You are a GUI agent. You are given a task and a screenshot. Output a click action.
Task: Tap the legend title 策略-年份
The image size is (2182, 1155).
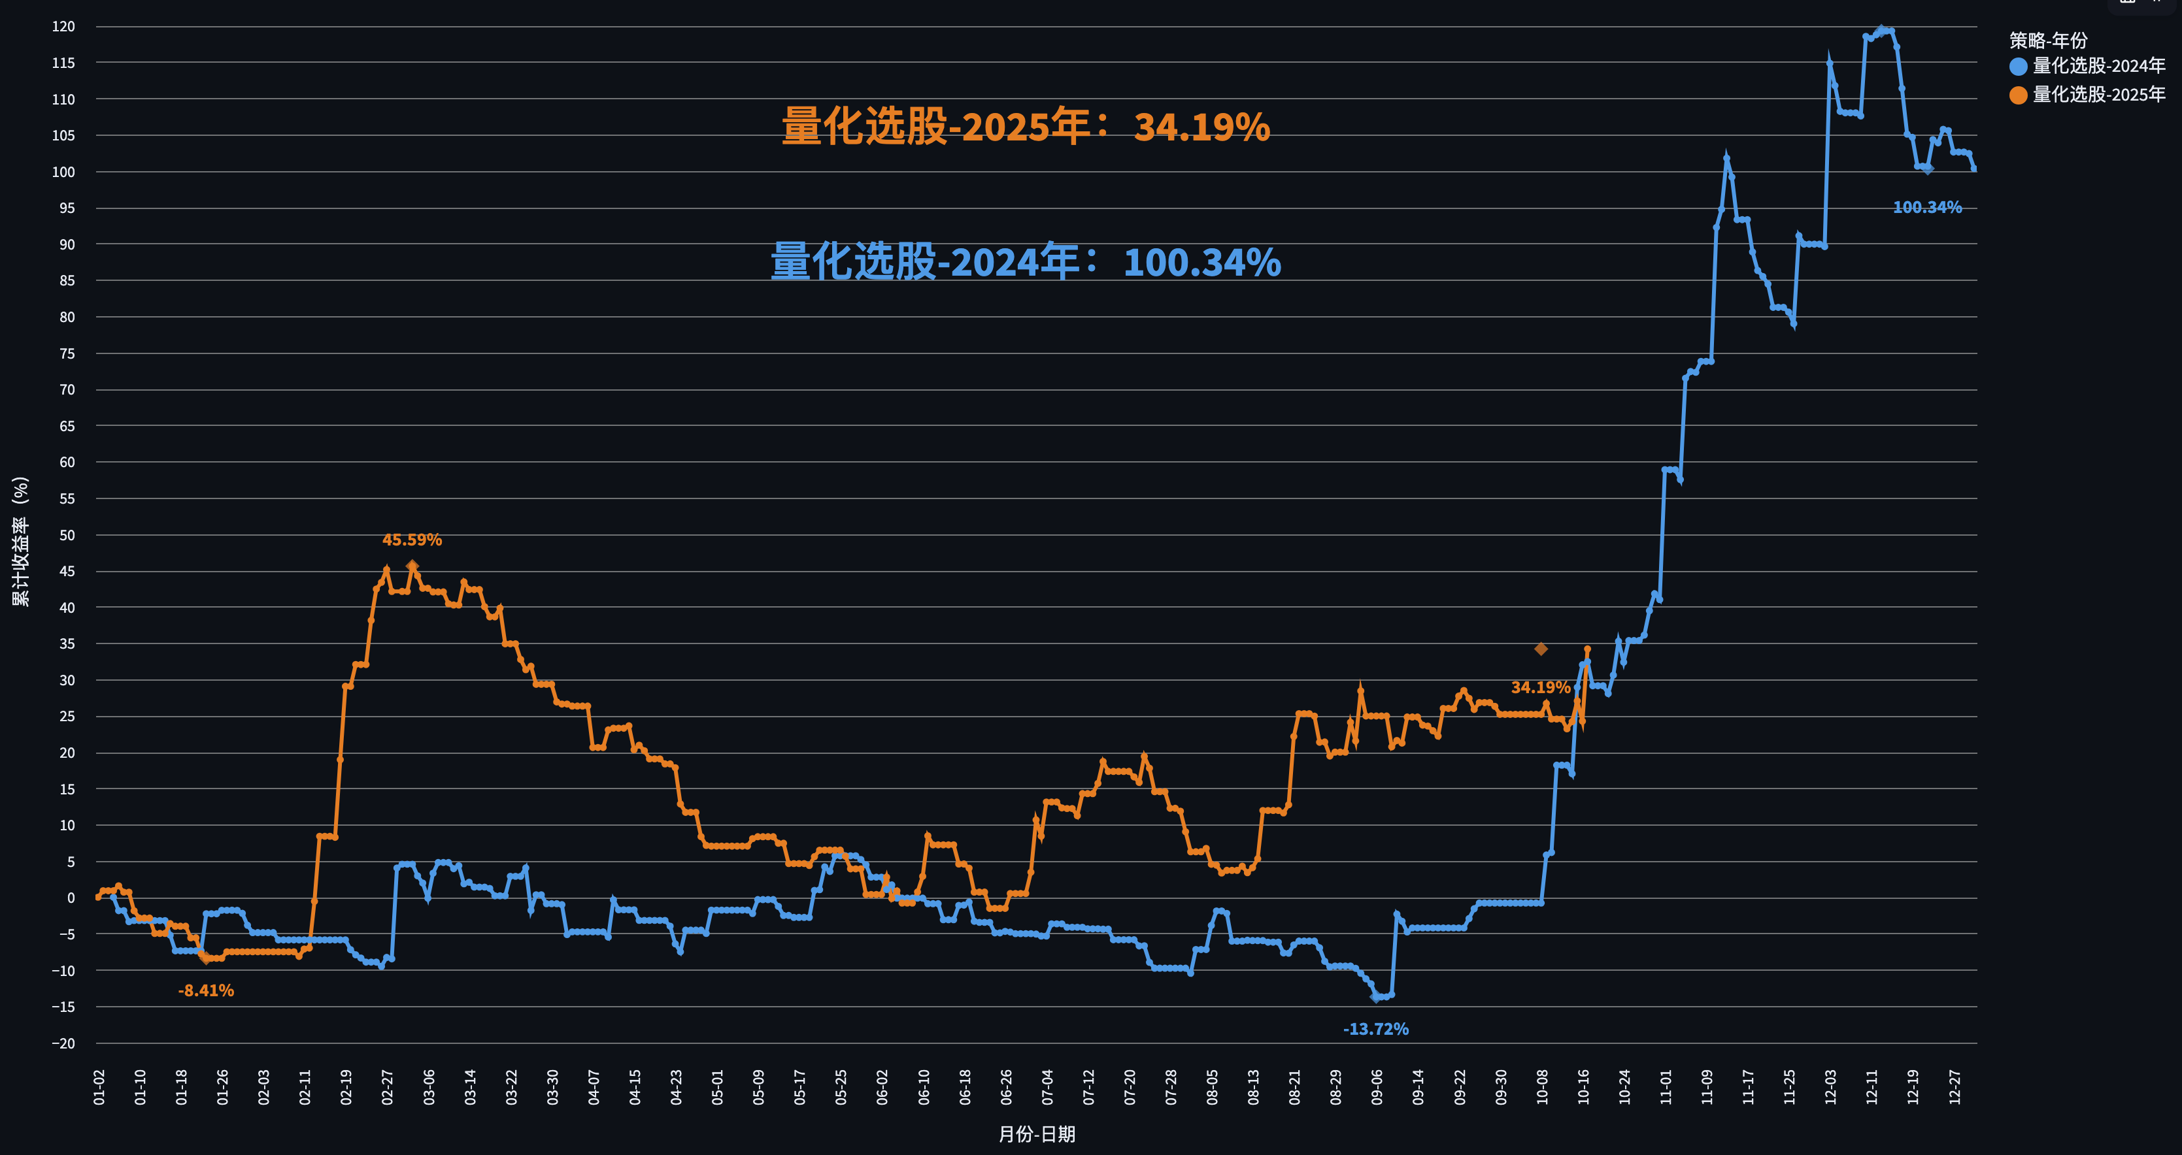pyautogui.click(x=2048, y=40)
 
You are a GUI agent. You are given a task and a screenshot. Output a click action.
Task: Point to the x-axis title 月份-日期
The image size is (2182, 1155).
pyautogui.click(x=1037, y=1134)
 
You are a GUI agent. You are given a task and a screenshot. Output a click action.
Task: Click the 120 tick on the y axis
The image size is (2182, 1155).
pyautogui.click(x=63, y=26)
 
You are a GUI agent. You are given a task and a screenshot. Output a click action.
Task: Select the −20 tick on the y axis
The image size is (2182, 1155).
pyautogui.click(x=63, y=1043)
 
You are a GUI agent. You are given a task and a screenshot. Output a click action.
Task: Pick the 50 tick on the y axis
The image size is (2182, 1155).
pyautogui.click(x=67, y=535)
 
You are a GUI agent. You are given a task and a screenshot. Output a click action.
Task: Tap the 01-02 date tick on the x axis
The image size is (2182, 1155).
pyautogui.click(x=99, y=1086)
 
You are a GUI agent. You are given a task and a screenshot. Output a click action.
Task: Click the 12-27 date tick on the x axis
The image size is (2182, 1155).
pyautogui.click(x=1954, y=1086)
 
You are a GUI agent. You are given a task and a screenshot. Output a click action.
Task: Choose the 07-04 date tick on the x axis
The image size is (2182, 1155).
pyautogui.click(x=1047, y=1086)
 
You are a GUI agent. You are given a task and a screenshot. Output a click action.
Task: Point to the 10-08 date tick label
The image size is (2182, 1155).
pyautogui.click(x=1541, y=1086)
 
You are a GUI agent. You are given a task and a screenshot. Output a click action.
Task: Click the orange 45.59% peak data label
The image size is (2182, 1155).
pyautogui.click(x=412, y=540)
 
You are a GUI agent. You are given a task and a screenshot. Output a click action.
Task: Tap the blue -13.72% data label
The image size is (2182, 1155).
pyautogui.click(x=1375, y=1029)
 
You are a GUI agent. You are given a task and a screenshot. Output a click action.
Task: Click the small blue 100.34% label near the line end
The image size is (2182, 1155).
pyautogui.click(x=1927, y=208)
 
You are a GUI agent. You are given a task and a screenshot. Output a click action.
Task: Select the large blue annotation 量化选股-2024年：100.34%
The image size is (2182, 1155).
pyautogui.click(x=1025, y=262)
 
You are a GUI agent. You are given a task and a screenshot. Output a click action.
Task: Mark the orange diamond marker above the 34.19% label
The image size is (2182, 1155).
pyautogui.click(x=1541, y=649)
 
